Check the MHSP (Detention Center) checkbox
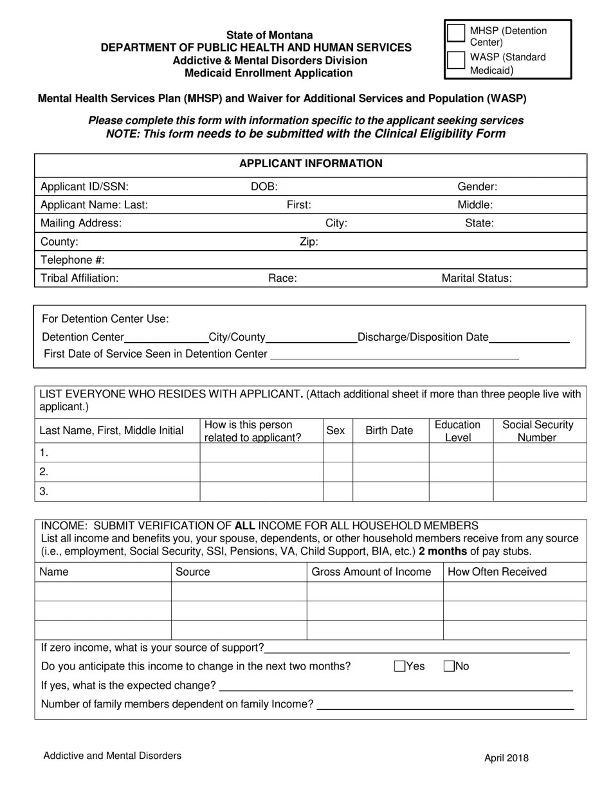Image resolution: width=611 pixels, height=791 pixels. [456, 33]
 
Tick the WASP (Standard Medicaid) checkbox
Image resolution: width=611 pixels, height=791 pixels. [456, 59]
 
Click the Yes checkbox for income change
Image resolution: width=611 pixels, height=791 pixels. [399, 666]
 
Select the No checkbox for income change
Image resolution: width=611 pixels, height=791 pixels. [450, 666]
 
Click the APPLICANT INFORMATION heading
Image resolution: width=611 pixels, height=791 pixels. [311, 163]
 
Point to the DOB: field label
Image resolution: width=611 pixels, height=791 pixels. [264, 186]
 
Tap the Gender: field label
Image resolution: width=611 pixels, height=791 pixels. [477, 186]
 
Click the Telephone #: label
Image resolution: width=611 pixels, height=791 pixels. [72, 260]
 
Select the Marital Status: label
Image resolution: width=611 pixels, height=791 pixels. [476, 278]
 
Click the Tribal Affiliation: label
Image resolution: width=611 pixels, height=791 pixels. [79, 278]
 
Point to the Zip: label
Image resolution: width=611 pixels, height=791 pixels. [309, 242]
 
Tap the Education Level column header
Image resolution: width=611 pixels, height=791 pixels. [458, 431]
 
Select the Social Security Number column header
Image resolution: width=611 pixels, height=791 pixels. [538, 431]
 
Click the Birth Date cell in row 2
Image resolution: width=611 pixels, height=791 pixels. [390, 471]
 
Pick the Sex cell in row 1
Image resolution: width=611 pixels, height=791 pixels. [337, 452]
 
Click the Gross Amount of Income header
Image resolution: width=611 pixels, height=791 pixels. [371, 572]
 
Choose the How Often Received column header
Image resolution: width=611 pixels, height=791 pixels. [497, 572]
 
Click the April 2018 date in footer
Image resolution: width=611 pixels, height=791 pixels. [506, 758]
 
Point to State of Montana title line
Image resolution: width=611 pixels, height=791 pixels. [269, 35]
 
